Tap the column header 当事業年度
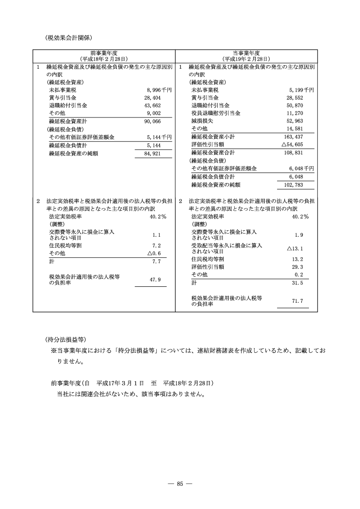pos(246,53)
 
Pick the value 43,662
pos(153,105)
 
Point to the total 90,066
pos(153,121)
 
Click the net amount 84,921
pos(153,153)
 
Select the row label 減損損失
pos(203,121)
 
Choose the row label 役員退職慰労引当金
pos(216,113)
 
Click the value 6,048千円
pos(301,168)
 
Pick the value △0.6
pos(154,253)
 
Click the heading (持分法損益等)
pos(65,339)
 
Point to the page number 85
pos(180,484)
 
